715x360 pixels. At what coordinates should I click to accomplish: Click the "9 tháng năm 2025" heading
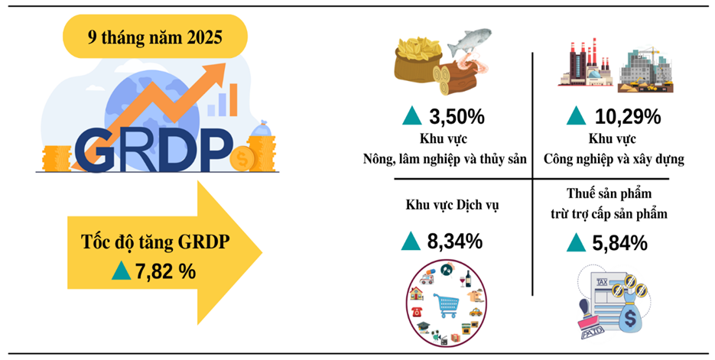[x=155, y=37]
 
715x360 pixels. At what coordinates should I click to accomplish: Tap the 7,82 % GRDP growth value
[x=165, y=271]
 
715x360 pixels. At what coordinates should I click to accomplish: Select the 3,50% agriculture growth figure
[x=457, y=117]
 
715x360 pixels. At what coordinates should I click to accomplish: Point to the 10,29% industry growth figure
[x=628, y=117]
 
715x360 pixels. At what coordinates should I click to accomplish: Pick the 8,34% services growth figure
[x=455, y=241]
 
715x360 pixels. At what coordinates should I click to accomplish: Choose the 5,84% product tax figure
[x=619, y=243]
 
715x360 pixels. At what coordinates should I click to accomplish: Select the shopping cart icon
[x=447, y=304]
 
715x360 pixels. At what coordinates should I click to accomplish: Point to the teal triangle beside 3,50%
[x=412, y=116]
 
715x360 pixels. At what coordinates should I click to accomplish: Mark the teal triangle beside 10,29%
[x=576, y=115]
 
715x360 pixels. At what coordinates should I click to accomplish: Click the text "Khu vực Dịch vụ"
[x=453, y=205]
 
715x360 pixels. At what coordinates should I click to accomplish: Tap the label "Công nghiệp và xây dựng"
[x=614, y=159]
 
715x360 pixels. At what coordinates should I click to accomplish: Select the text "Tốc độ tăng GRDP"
[x=155, y=242]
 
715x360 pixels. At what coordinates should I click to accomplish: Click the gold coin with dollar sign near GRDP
[x=242, y=158]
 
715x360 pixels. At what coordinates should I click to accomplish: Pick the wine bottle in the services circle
[x=468, y=278]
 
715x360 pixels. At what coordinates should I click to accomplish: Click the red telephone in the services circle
[x=416, y=312]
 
